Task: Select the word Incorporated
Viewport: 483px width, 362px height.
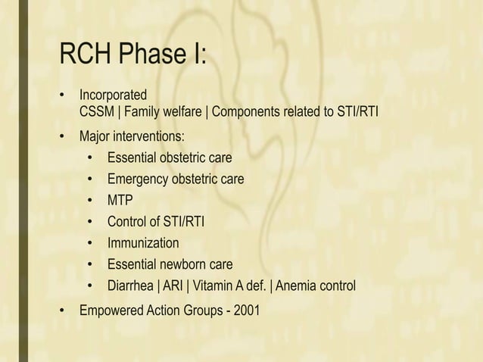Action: pos(114,96)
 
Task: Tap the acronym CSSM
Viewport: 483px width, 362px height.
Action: pos(98,113)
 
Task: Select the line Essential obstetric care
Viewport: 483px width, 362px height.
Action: pos(170,158)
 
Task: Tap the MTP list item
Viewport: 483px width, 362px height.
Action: pos(120,201)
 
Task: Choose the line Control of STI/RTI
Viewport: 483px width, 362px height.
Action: pos(155,222)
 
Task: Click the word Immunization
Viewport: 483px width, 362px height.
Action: pos(143,243)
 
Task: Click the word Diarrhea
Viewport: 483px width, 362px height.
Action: pos(132,286)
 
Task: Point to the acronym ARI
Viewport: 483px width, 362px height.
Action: pos(173,286)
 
